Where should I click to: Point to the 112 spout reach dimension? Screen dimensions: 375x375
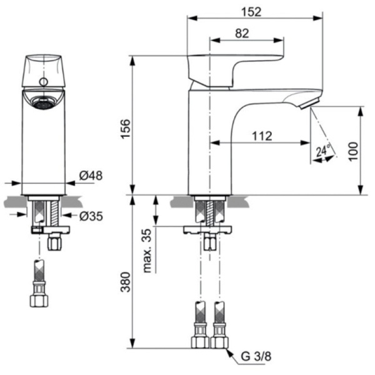coord(262,136)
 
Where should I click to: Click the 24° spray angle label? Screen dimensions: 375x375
coord(322,151)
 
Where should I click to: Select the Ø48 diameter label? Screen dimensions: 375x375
coord(91,177)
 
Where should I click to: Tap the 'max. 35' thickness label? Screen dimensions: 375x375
coord(147,250)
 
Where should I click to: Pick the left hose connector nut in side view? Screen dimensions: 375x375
coord(200,341)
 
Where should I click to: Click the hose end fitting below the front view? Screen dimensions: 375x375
coord(39,299)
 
